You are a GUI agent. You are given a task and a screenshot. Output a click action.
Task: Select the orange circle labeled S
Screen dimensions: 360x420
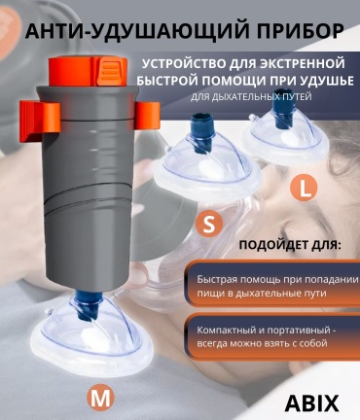point(209,225)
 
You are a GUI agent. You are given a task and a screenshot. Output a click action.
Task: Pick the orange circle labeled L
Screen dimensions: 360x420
point(304,189)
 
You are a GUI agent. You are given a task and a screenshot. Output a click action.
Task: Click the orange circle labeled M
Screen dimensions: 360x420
point(100,399)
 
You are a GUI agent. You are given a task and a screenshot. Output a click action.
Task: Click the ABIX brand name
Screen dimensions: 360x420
point(311,402)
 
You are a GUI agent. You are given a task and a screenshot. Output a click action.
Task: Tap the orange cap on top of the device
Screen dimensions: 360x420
point(88,71)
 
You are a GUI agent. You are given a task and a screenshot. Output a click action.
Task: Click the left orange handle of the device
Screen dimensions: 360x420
point(40,121)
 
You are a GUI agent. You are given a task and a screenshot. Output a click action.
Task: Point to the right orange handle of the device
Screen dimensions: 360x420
point(148,115)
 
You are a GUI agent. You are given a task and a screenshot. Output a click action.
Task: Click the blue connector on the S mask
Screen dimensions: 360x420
point(201,132)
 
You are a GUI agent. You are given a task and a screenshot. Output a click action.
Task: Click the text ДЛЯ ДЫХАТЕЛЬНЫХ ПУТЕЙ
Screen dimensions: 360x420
point(251,97)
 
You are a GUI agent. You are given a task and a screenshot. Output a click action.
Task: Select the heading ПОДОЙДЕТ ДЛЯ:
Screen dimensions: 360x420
point(290,245)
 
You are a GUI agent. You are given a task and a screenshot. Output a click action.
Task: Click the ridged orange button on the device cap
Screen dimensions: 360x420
point(109,69)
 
